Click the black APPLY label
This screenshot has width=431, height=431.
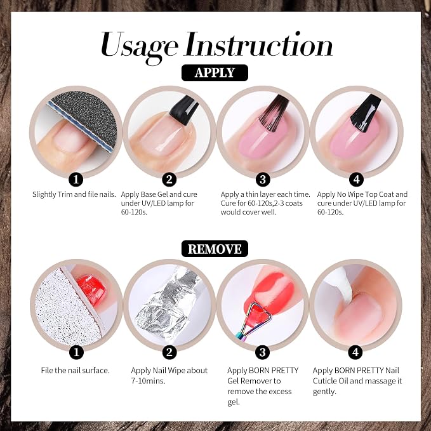[x=215, y=72]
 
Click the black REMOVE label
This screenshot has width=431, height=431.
[x=215, y=249]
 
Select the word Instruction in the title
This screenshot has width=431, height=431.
[x=259, y=44]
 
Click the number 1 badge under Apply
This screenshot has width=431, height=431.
[x=76, y=180]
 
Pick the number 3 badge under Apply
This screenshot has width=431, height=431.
[x=263, y=180]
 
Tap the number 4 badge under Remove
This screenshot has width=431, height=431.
[x=355, y=352]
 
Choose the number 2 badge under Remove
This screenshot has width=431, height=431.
[x=169, y=352]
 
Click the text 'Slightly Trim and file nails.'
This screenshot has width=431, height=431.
[x=74, y=194]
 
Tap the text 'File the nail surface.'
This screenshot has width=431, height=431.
[x=76, y=371]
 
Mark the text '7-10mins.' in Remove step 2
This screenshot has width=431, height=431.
[x=148, y=381]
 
